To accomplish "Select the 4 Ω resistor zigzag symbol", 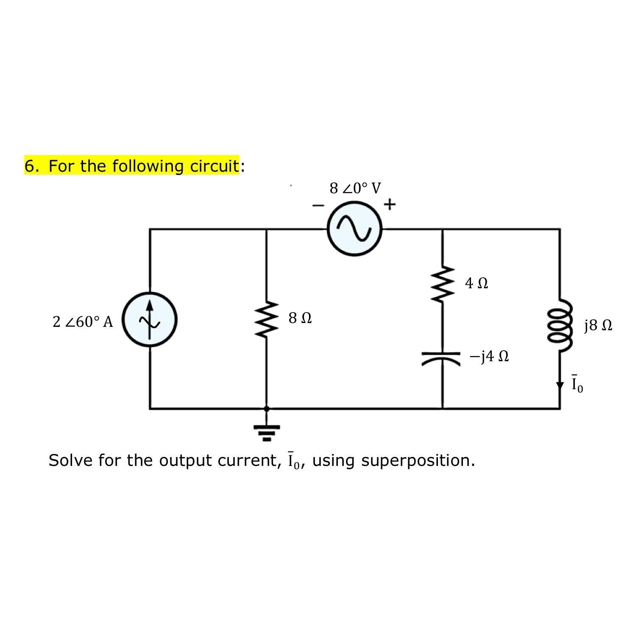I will coord(443,283).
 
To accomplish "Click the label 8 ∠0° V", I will coord(355,188).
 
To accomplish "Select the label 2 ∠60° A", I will coord(83,322).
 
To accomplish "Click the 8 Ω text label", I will coord(300,318).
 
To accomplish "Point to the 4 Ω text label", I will coord(477,283).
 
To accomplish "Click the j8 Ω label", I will coord(598,326).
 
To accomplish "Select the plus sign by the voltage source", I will coord(389,205).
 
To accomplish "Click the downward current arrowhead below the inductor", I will coord(560,385).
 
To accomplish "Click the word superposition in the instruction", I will coord(418,460).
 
